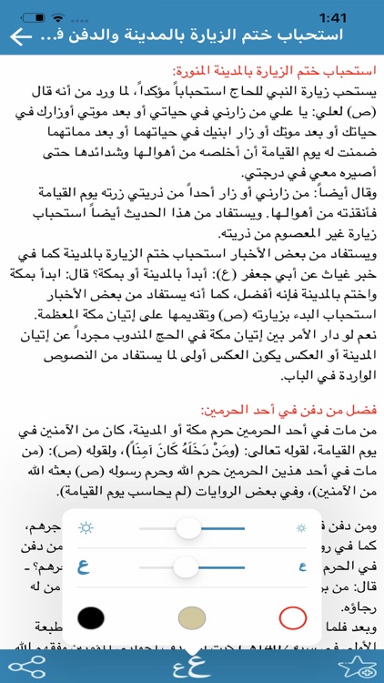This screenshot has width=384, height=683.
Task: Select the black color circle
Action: click(x=89, y=619)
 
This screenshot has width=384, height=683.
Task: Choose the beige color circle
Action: click(x=191, y=619)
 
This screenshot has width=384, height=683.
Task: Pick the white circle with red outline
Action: click(x=292, y=619)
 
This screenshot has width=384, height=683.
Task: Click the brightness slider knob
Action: click(x=214, y=528)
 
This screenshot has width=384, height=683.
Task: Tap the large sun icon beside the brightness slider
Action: click(x=87, y=528)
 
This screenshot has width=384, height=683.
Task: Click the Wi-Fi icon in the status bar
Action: click(x=60, y=15)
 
